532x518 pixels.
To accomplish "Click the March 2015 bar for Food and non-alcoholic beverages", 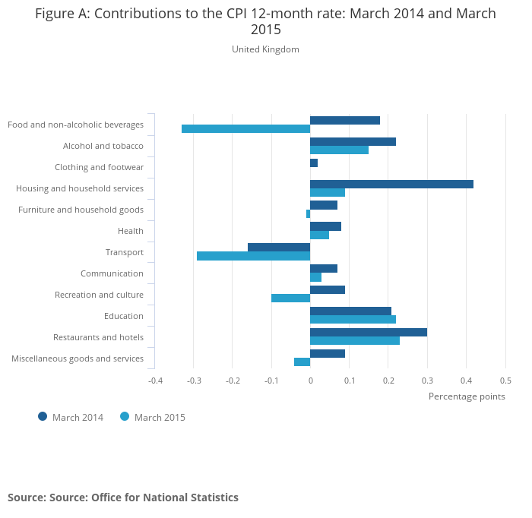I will click(245, 129).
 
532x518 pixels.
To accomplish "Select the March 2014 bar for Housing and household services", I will click(391, 184).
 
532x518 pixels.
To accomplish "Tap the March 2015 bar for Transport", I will click(253, 256).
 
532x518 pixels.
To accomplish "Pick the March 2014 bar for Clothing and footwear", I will click(314, 163).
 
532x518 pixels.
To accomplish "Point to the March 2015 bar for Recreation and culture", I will click(290, 298).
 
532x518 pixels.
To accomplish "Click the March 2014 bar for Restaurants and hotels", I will click(369, 332).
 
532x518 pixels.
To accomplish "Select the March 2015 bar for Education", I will click(353, 319).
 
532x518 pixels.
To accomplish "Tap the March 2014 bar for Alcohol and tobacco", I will click(353, 141).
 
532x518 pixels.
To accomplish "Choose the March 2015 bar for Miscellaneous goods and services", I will click(302, 362).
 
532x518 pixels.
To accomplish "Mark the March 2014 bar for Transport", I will click(279, 247).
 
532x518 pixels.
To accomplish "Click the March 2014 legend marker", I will click(43, 416).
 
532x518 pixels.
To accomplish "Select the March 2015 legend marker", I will click(125, 416).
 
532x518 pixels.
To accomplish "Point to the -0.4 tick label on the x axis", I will click(155, 380).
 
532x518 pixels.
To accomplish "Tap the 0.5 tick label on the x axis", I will click(505, 380).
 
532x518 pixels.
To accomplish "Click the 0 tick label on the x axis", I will click(310, 380).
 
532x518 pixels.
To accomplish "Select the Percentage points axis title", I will click(467, 396).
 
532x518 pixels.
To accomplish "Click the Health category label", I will click(131, 231).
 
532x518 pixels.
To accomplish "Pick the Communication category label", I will click(112, 273).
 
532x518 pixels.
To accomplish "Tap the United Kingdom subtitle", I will click(265, 49).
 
